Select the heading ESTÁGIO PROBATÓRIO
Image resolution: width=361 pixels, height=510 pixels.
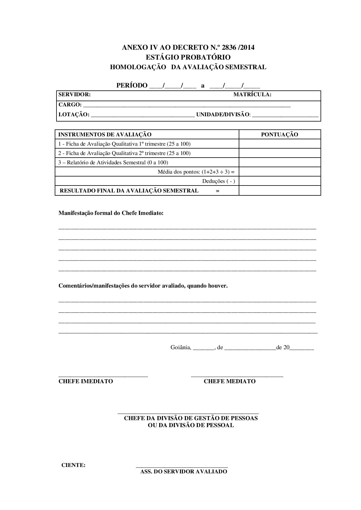pyautogui.click(x=188, y=57)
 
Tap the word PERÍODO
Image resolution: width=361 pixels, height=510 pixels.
pyautogui.click(x=132, y=85)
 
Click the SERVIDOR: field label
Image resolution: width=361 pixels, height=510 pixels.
pyautogui.click(x=75, y=94)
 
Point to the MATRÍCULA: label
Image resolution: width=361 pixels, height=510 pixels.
pyautogui.click(x=252, y=94)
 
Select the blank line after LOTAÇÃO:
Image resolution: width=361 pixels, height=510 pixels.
pyautogui.click(x=142, y=115)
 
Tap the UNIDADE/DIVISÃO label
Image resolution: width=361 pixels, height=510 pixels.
pyautogui.click(x=223, y=115)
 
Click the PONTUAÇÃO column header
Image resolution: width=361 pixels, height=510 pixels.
pyautogui.click(x=279, y=134)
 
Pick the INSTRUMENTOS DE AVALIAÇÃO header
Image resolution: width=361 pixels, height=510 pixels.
pyautogui.click(x=105, y=134)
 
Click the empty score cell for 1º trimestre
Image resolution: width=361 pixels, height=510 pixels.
pyautogui.click(x=279, y=144)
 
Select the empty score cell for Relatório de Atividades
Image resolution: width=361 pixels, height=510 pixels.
pyautogui.click(x=279, y=163)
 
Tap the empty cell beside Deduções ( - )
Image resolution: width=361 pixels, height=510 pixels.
pyautogui.click(x=279, y=181)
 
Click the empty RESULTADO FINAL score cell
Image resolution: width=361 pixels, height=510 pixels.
pyautogui.click(x=279, y=190)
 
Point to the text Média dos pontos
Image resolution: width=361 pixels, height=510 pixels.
pyautogui.click(x=179, y=172)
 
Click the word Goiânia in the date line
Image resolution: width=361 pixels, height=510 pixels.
pyautogui.click(x=181, y=347)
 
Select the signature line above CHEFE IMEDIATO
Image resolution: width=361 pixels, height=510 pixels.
pyautogui.click(x=103, y=377)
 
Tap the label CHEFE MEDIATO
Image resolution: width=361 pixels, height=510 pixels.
pyautogui.click(x=229, y=381)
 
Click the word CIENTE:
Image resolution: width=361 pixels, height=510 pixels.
pyautogui.click(x=73, y=465)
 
